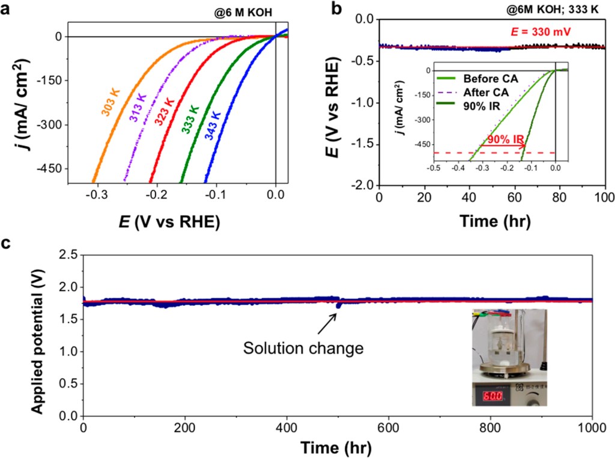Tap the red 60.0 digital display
point(488,397)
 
